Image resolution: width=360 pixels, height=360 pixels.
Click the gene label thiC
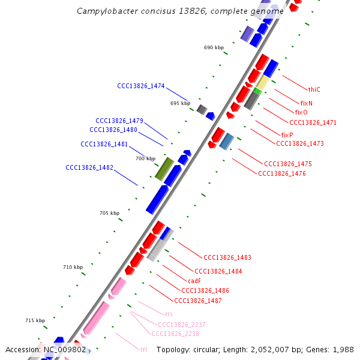(x=314, y=89)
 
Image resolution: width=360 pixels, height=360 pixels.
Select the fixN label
(x=306, y=103)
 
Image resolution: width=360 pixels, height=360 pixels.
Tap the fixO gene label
(x=301, y=112)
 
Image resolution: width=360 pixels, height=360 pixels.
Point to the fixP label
(x=287, y=135)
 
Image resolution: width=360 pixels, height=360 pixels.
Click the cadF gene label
(x=194, y=281)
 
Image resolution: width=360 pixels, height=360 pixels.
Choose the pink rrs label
(x=169, y=314)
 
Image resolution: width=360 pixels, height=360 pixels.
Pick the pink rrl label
(x=143, y=349)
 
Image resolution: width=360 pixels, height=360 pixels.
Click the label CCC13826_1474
(x=140, y=86)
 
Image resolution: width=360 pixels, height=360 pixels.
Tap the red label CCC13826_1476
(x=281, y=173)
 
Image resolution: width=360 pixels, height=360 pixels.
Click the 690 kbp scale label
(x=214, y=47)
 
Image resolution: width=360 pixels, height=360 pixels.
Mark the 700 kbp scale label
(x=145, y=158)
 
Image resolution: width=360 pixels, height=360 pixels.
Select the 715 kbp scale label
(x=35, y=320)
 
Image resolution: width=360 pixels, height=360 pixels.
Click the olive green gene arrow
(x=164, y=169)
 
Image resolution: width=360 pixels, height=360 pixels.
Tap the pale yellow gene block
(x=262, y=82)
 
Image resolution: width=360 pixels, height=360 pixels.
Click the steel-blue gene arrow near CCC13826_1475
(x=226, y=142)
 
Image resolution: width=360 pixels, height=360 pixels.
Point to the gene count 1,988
(x=343, y=349)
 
